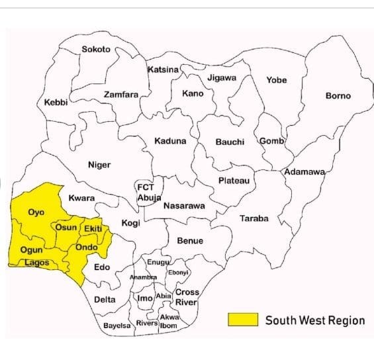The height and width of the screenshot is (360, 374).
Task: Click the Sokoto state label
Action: point(96,50)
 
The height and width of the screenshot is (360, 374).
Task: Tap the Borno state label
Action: point(338,96)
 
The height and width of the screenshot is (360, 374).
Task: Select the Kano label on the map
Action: point(193,93)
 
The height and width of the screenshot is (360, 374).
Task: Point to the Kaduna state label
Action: point(170,141)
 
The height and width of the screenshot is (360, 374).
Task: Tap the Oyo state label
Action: point(36,212)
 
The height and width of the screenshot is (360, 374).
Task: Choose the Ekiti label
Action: point(92,228)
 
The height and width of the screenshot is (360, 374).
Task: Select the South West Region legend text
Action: point(315,320)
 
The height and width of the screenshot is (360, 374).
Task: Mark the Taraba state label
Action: point(254,218)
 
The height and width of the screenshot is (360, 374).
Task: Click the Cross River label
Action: point(186,297)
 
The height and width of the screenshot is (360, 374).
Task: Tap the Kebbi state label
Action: point(56,102)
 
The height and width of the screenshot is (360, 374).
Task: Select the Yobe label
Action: point(276,80)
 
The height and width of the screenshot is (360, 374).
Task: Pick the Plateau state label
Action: point(234,181)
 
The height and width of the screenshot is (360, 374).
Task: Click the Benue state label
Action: point(190,241)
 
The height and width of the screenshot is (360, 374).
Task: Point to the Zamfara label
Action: point(121,95)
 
